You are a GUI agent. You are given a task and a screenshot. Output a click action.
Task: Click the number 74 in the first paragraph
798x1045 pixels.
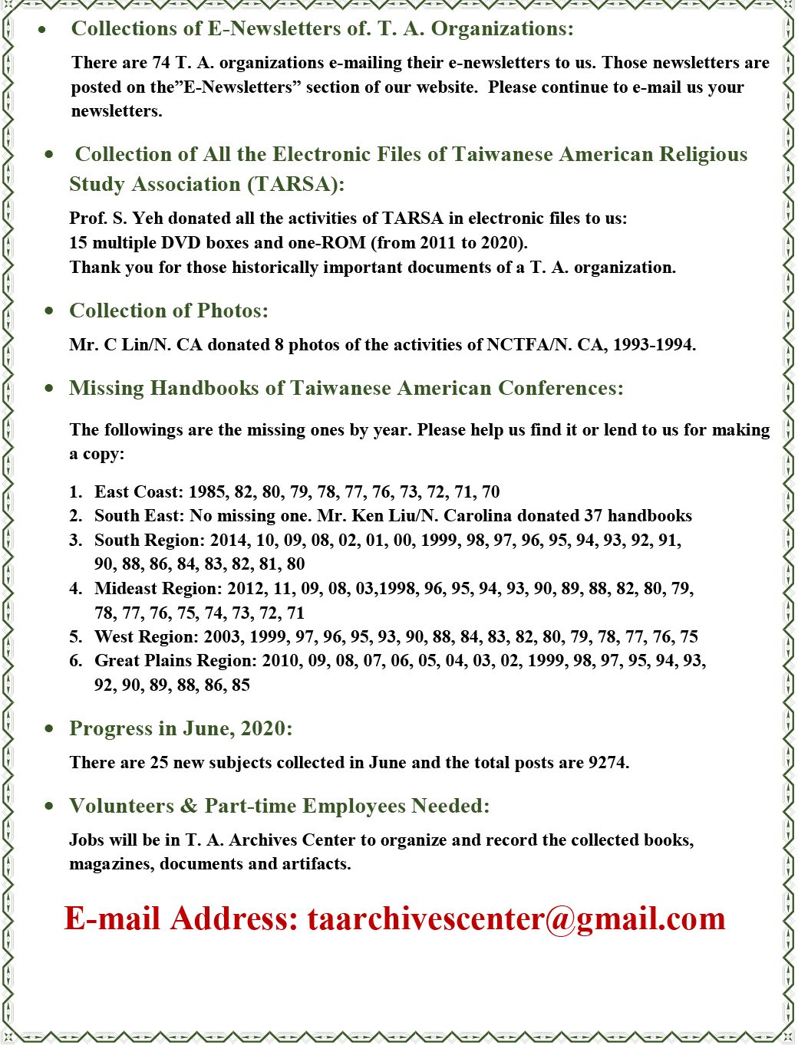pyautogui.click(x=161, y=63)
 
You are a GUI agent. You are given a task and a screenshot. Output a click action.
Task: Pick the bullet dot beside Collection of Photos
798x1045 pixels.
pyautogui.click(x=49, y=311)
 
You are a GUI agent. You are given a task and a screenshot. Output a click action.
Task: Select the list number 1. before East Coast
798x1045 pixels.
pyautogui.click(x=75, y=492)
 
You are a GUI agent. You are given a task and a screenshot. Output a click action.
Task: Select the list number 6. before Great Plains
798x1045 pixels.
pyautogui.click(x=75, y=661)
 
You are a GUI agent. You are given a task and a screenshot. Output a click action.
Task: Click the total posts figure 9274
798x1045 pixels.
pyautogui.click(x=608, y=763)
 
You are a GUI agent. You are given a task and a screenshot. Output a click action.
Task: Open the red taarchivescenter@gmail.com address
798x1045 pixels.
pyautogui.click(x=516, y=918)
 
